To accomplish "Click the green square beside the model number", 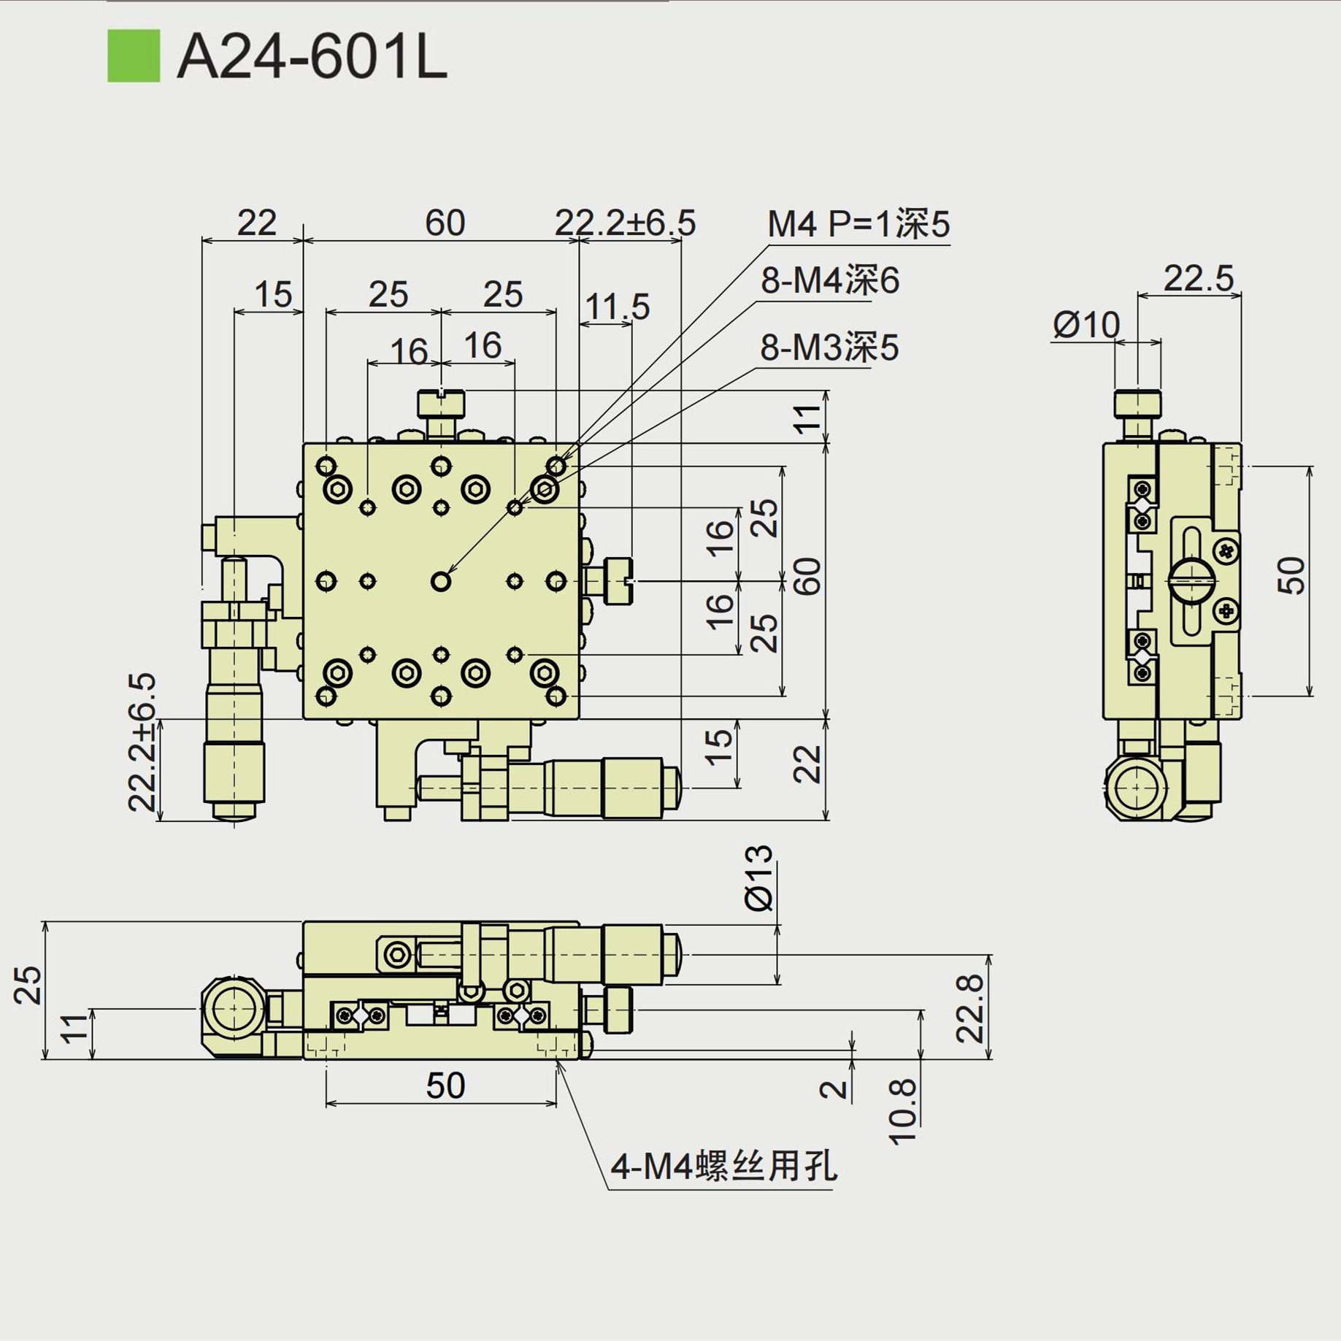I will [x=134, y=55].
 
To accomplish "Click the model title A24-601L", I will [x=312, y=58].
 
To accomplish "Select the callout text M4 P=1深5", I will [x=858, y=223].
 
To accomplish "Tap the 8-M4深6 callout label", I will [x=829, y=280].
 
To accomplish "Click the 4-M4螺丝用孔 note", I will [x=723, y=1166].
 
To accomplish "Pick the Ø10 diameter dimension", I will [x=1086, y=324].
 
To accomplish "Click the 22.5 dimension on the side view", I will [x=1198, y=278].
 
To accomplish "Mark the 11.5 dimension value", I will [x=617, y=307].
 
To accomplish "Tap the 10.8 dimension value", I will [x=902, y=1111].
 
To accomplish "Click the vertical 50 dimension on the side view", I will [x=1291, y=576].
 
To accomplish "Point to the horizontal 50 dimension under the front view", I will [x=445, y=1086].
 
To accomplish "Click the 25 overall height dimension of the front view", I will [x=28, y=985].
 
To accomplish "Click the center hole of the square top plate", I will [x=441, y=581].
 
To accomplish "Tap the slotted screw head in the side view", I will [x=1191, y=581].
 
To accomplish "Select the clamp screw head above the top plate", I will [x=441, y=404].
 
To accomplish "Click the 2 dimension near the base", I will [x=834, y=1089].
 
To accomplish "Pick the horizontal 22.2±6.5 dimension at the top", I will [x=625, y=223].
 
